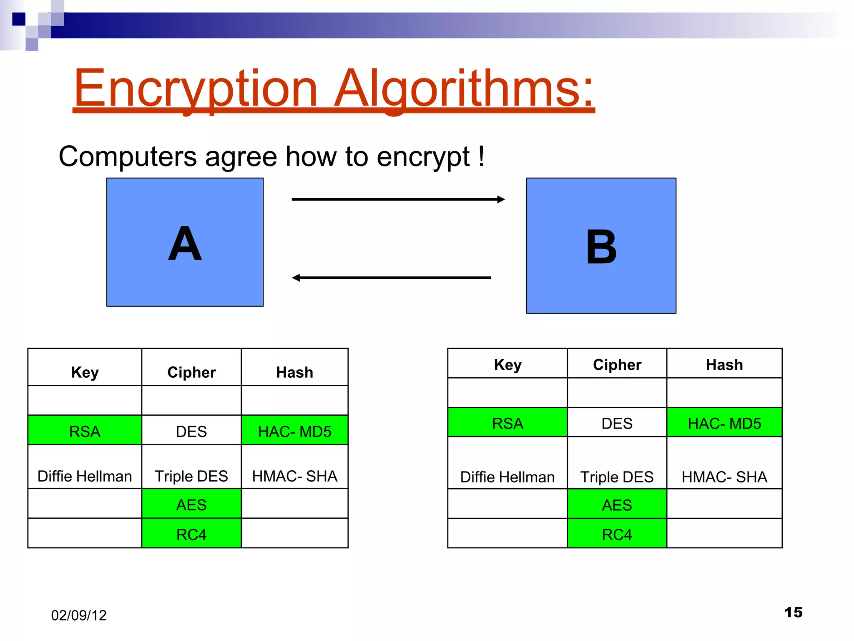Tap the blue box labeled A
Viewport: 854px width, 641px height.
click(x=185, y=242)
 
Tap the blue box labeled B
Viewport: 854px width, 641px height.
click(x=601, y=245)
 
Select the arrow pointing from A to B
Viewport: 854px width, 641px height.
click(x=398, y=199)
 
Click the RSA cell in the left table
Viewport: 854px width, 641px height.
click(x=85, y=431)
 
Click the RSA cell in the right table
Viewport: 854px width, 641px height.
click(x=507, y=423)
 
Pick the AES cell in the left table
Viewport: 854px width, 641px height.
click(x=191, y=504)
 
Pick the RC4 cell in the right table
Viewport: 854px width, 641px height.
click(x=617, y=534)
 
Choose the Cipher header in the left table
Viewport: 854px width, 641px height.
click(x=191, y=372)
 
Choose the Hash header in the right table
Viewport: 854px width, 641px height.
click(x=724, y=364)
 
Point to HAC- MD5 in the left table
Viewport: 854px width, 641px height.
click(x=294, y=431)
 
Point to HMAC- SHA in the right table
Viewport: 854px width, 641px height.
click(x=724, y=476)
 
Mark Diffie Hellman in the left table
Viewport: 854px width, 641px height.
click(x=85, y=476)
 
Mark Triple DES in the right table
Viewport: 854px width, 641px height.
click(x=617, y=476)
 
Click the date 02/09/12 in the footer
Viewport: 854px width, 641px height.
click(x=79, y=615)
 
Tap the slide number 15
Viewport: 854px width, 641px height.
click(x=793, y=612)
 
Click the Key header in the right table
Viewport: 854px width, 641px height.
click(x=507, y=364)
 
